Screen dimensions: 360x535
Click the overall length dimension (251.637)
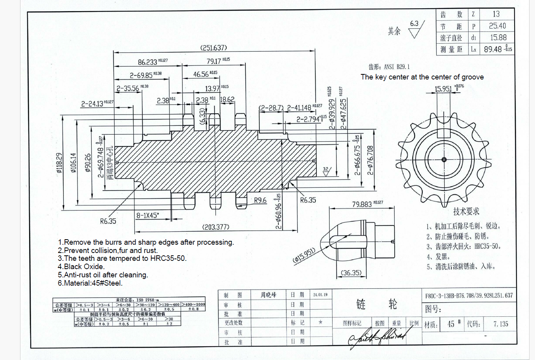tap(214, 48)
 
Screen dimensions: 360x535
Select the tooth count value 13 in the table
tap(496, 14)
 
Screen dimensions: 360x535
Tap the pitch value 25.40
tap(497, 26)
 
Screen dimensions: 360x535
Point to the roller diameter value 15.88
tap(498, 38)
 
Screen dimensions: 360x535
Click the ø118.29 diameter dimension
tap(59, 163)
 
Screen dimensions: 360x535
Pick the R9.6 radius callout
tap(260, 200)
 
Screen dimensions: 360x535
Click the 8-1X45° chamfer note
tap(147, 216)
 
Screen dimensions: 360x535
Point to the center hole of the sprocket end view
tap(444, 159)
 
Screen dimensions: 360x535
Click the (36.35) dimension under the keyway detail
tap(351, 273)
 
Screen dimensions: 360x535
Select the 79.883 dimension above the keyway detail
tap(362, 204)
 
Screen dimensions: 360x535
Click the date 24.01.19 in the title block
tap(320, 295)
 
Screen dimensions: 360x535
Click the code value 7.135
tap(501, 324)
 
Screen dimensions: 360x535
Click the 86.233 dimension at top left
tap(147, 62)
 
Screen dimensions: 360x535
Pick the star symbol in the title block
tap(320, 322)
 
